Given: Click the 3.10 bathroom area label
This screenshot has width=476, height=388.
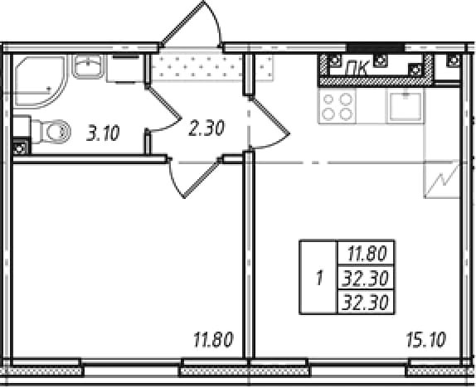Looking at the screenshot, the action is pyautogui.click(x=103, y=133).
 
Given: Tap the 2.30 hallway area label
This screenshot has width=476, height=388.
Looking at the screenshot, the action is pyautogui.click(x=206, y=128).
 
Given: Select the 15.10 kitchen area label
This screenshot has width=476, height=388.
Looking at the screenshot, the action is pyautogui.click(x=426, y=340).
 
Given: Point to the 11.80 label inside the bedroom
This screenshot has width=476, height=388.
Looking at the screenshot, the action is pyautogui.click(x=213, y=340).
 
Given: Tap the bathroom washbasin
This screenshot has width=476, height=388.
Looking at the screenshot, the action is pyautogui.click(x=88, y=66).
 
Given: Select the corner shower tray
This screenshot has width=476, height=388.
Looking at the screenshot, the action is pyautogui.click(x=39, y=81).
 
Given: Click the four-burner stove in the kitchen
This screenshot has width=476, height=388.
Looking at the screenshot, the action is pyautogui.click(x=337, y=106).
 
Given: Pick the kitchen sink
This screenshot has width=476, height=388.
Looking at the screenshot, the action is pyautogui.click(x=406, y=106).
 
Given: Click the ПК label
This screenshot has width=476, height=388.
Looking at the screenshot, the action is pyautogui.click(x=358, y=67).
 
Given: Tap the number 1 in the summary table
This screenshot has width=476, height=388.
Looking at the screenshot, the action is pyautogui.click(x=318, y=278).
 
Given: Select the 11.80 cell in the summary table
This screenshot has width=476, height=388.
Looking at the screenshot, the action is pyautogui.click(x=367, y=254).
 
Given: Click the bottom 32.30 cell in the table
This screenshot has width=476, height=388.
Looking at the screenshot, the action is pyautogui.click(x=366, y=302).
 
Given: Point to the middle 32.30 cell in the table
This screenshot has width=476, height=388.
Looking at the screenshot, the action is pyautogui.click(x=366, y=279).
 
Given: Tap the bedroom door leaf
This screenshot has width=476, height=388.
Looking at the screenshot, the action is pyautogui.click(x=202, y=178).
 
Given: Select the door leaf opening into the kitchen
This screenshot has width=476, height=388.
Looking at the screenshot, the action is pyautogui.click(x=270, y=115).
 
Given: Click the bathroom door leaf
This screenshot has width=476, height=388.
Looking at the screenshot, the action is pyautogui.click(x=163, y=102).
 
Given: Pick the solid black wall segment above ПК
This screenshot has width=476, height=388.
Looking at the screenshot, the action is pyautogui.click(x=376, y=47).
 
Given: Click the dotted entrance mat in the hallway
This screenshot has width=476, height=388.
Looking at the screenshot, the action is pyautogui.click(x=211, y=66).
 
